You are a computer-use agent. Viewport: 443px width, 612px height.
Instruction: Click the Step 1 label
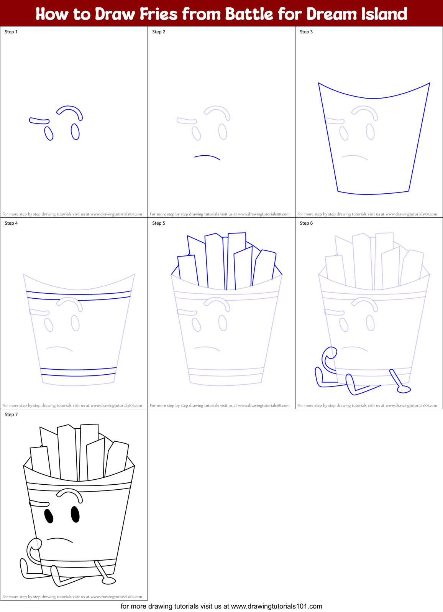(x=11, y=32)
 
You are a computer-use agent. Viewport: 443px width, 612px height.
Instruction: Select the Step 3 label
(x=306, y=32)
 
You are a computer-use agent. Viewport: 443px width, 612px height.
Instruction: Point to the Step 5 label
(x=159, y=223)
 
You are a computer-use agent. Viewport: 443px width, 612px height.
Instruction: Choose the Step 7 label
(x=11, y=415)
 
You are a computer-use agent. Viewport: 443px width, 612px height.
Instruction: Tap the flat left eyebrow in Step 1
(x=39, y=121)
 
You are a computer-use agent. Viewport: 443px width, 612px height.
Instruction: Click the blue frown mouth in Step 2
(x=207, y=156)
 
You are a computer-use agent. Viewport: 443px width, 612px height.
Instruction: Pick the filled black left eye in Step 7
(x=49, y=516)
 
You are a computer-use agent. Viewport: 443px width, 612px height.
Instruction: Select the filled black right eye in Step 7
(x=75, y=514)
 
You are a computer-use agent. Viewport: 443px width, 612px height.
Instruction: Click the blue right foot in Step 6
(x=404, y=390)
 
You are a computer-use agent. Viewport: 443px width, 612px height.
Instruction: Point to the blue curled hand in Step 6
(x=329, y=359)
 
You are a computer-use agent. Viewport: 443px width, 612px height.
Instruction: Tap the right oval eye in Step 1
(x=75, y=132)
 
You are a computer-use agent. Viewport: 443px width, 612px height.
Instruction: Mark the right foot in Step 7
(x=108, y=581)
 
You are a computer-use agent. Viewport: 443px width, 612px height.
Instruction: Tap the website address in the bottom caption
(x=276, y=606)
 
